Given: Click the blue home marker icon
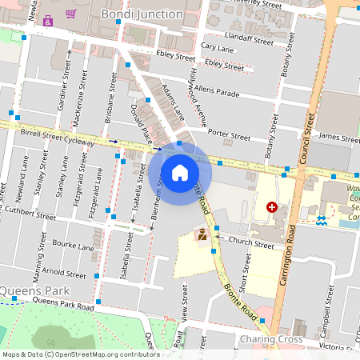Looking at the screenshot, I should pyautogui.click(x=180, y=172).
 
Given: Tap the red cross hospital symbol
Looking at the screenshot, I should pyautogui.click(x=272, y=207).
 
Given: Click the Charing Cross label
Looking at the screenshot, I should pyautogui.click(x=270, y=340).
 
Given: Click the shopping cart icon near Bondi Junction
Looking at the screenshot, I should pyautogui.click(x=71, y=13).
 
